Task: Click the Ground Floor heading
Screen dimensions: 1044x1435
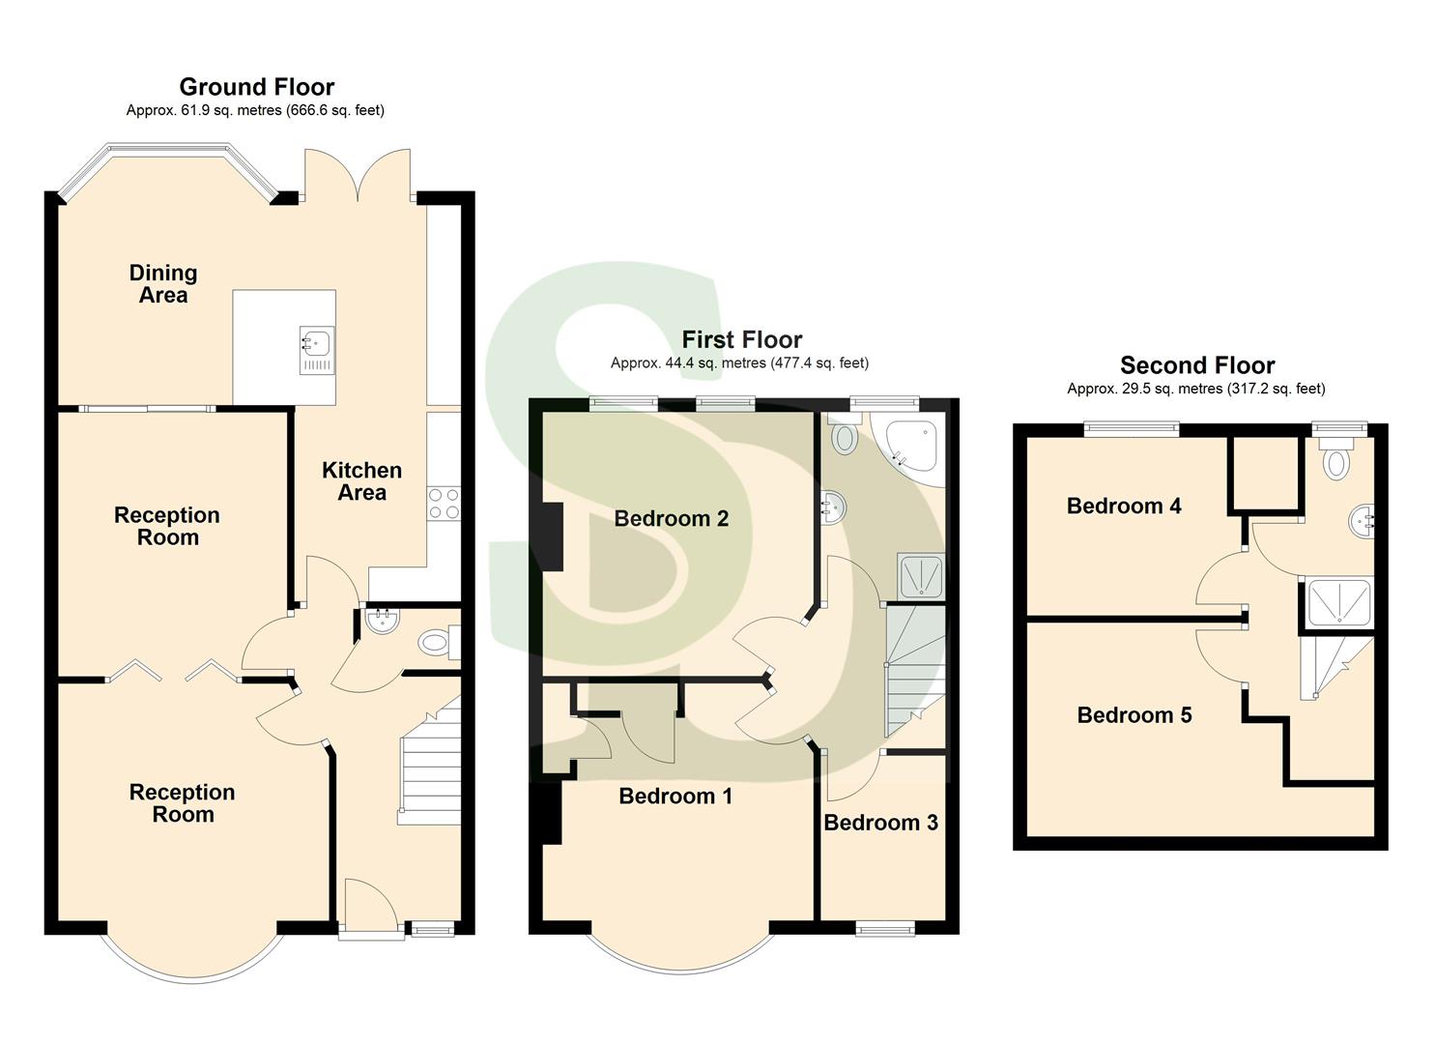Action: point(256,87)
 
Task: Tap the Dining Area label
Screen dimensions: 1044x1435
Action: point(163,284)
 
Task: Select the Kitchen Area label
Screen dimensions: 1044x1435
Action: point(361,481)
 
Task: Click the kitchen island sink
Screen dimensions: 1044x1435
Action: point(316,341)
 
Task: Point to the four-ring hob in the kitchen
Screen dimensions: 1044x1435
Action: point(444,503)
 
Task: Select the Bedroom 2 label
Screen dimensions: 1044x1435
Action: point(671,519)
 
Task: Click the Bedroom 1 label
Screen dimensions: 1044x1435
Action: point(675,797)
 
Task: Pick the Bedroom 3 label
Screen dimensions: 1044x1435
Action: point(880,823)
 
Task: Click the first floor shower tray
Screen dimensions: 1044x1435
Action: point(921,577)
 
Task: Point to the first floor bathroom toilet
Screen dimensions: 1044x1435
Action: point(844,437)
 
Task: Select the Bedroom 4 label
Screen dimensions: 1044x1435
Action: point(1123,507)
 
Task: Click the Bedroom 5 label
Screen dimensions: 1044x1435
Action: point(1134,715)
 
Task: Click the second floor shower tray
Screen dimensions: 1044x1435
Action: point(1338,603)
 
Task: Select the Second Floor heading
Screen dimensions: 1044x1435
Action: point(1196,365)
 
